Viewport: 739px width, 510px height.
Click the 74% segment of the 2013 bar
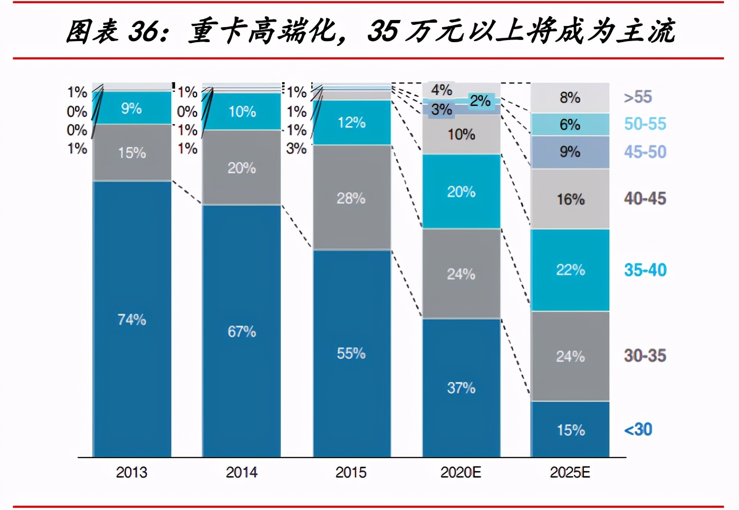coord(132,319)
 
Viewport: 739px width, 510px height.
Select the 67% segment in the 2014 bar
coord(241,331)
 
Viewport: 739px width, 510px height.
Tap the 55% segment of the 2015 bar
coord(351,353)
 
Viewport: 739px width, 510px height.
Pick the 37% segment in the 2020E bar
coord(461,387)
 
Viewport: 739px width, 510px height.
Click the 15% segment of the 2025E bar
coord(570,430)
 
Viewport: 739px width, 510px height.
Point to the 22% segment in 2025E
coord(570,270)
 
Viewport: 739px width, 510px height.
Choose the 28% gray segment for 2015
coord(351,198)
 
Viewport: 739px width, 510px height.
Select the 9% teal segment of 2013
coord(131,108)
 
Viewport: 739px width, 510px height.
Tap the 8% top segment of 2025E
coord(570,98)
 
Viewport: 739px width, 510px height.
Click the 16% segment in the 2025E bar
coord(570,199)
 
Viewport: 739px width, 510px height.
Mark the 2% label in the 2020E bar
coord(480,101)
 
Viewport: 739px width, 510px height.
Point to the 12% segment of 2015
coord(351,123)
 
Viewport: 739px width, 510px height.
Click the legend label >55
coord(638,97)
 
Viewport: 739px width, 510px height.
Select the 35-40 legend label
coord(645,270)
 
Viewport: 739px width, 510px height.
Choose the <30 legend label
coord(638,430)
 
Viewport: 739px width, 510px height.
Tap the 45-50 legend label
coord(645,152)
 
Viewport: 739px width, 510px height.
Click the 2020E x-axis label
coord(461,472)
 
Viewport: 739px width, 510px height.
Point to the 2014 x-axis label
coord(241,472)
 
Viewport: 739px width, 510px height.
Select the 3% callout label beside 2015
coord(296,148)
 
